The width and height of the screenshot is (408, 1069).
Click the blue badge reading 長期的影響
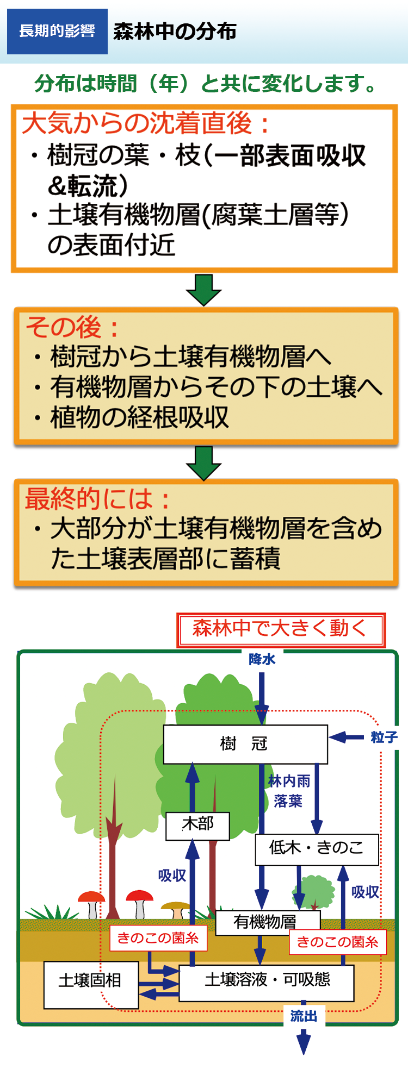[57, 32]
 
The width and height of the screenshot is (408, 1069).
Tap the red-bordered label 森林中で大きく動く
[281, 629]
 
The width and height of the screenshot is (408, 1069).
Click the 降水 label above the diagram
[262, 659]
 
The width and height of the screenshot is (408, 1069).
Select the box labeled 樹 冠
[245, 744]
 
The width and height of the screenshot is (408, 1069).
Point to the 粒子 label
[384, 737]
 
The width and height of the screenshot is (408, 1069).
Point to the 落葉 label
[288, 801]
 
